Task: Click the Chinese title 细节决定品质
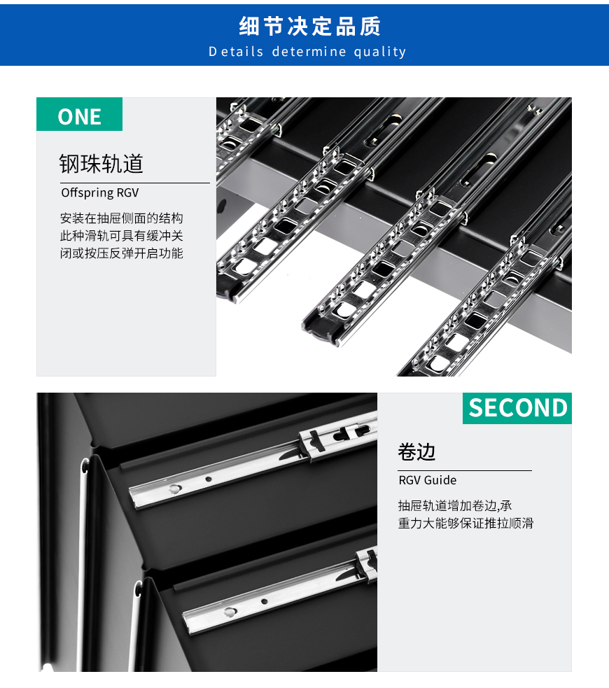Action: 309,27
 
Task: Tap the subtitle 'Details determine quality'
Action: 307,52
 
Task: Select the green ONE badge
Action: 79,115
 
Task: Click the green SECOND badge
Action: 517,408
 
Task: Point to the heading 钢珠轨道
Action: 101,164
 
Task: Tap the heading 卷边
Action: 416,452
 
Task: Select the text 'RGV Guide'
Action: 427,480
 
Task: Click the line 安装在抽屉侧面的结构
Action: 121,218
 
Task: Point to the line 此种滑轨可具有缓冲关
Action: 121,236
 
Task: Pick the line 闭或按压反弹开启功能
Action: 121,253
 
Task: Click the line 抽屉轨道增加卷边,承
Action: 455,506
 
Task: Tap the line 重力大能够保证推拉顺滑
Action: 465,524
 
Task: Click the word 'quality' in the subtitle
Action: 380,52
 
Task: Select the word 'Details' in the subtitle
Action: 236,52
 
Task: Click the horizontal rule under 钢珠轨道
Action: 135,183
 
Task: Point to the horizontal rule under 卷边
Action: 464,471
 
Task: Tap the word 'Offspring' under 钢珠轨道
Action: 85,192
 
